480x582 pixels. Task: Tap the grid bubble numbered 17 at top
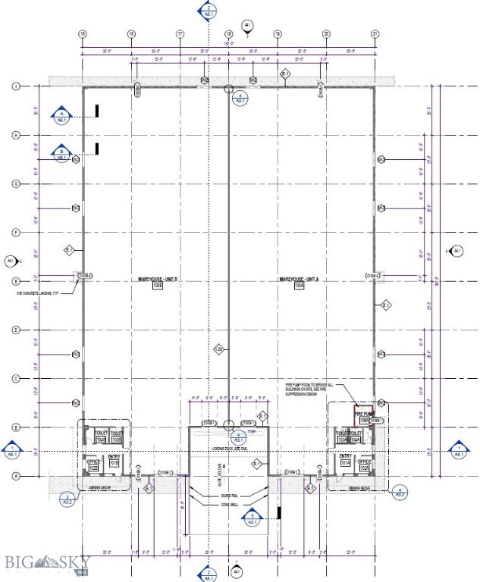click(180, 34)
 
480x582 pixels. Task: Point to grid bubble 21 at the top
click(375, 34)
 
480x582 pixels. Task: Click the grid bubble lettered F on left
click(14, 232)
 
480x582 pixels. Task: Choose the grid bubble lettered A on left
click(14, 476)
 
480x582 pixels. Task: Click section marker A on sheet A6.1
click(62, 115)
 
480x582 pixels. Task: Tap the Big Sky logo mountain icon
click(54, 562)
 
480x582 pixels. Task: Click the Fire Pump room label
click(365, 417)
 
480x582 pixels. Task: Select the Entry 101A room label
click(345, 459)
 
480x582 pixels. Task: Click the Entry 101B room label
click(115, 459)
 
